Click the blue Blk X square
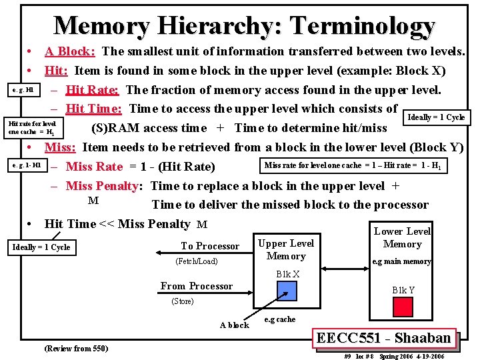pyautogui.click(x=287, y=291)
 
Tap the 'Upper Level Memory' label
pyautogui.click(x=285, y=249)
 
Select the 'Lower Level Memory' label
pyautogui.click(x=402, y=237)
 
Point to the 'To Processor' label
pyautogui.click(x=210, y=246)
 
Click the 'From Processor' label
pyautogui.click(x=197, y=286)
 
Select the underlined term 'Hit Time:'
pyautogui.click(x=94, y=109)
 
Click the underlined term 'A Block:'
pyautogui.click(x=70, y=51)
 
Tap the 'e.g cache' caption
pyautogui.click(x=280, y=319)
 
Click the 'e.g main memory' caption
pyautogui.click(x=401, y=261)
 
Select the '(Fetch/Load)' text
pyautogui.click(x=196, y=261)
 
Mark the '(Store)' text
pyautogui.click(x=183, y=301)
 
